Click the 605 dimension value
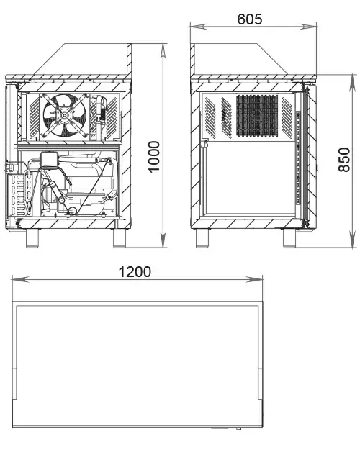(x=249, y=19)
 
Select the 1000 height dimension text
(x=154, y=156)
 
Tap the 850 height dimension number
(x=344, y=160)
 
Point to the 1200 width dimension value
(x=135, y=272)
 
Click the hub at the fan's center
(x=64, y=115)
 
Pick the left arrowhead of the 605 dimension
(x=198, y=27)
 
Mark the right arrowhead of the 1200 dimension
(x=254, y=279)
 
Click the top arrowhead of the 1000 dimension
(x=163, y=52)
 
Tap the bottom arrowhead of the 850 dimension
(x=352, y=239)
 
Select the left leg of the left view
(x=32, y=238)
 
